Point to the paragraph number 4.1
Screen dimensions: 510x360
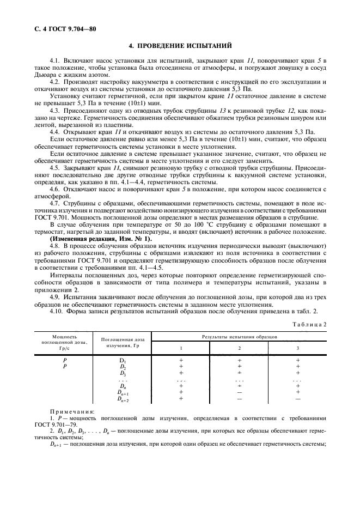pyautogui.click(x=55, y=59)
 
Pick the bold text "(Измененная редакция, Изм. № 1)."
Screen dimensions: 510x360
pyautogui.click(x=101, y=239)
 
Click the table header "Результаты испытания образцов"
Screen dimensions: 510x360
pyautogui.click(x=239, y=337)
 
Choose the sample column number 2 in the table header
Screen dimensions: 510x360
pyautogui.click(x=239, y=348)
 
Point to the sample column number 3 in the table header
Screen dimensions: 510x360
pyautogui.click(x=297, y=348)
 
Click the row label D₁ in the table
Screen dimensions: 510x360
pyautogui.click(x=123, y=361)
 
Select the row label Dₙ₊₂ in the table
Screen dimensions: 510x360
pyautogui.click(x=123, y=399)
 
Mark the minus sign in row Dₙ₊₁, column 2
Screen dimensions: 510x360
pyautogui.click(x=239, y=392)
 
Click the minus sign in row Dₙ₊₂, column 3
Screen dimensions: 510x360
pyautogui.click(x=297, y=399)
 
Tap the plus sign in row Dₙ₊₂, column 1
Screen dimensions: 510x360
pyautogui.click(x=181, y=399)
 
